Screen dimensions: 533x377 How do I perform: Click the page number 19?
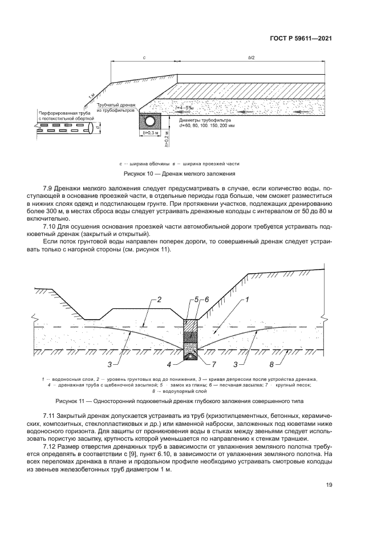(x=329, y=485)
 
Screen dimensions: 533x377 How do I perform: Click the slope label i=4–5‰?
(x=185, y=108)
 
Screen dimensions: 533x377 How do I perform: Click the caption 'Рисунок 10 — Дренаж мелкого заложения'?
(x=179, y=173)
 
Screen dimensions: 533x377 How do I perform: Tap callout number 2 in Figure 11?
(x=160, y=299)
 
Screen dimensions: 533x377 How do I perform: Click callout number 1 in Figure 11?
(x=248, y=299)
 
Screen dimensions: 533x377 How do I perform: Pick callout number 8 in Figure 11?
(x=272, y=363)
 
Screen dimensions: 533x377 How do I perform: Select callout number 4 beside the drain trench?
(x=169, y=363)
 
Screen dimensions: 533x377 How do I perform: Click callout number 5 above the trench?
(x=196, y=299)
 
